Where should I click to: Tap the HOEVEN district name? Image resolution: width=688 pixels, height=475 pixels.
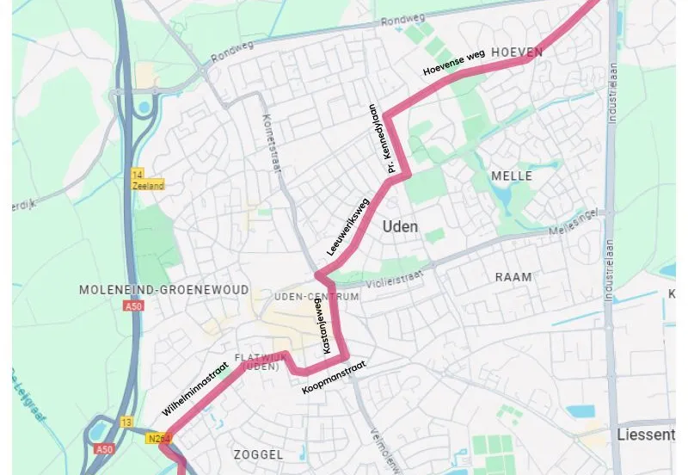coord(517,52)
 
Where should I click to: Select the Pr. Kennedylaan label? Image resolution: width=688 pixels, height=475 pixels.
coord(381,139)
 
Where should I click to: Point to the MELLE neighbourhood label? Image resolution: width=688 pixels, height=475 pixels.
coord(512,176)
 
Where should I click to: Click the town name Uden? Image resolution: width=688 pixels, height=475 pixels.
coord(400,226)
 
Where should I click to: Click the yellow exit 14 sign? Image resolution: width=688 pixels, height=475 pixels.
coord(137,175)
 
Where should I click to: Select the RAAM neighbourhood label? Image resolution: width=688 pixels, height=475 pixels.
coord(513,277)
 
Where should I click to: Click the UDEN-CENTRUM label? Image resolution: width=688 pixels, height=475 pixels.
coord(316,296)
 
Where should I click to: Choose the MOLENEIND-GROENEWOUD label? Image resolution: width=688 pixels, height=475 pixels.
coord(163,290)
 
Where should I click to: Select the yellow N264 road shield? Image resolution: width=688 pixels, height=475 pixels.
coord(156,438)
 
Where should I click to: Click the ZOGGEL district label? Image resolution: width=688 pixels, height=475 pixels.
coord(258,453)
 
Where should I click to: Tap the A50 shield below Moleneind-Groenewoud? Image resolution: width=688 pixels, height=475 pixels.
coord(132,306)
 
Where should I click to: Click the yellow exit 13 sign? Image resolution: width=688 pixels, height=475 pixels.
coord(126,422)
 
